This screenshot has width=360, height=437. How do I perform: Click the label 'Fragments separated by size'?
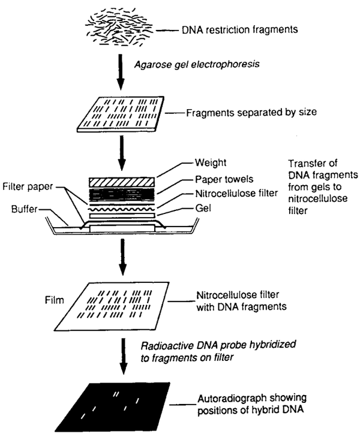[238, 111]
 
